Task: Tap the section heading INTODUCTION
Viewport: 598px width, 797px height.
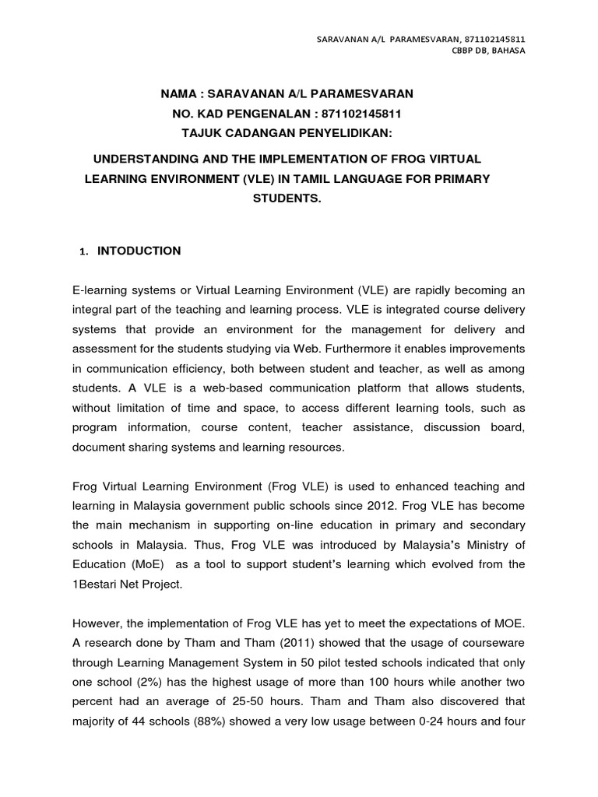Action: pos(139,251)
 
